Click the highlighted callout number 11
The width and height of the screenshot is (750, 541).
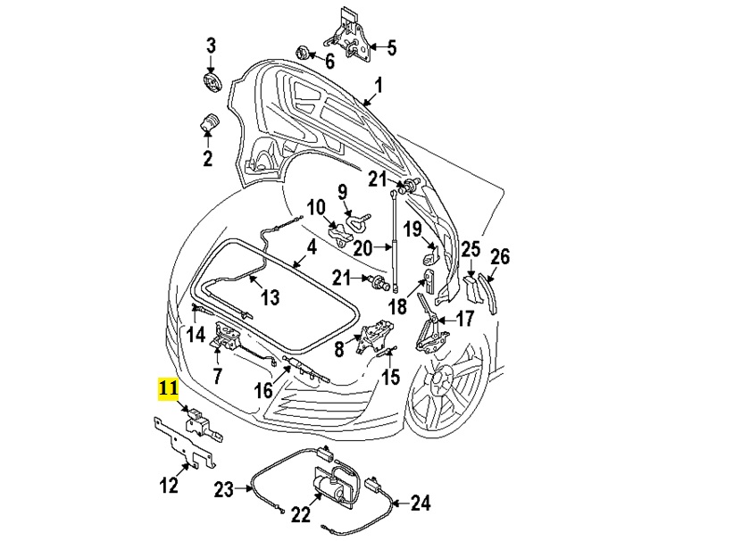point(169,388)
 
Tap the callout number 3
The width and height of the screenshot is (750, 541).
point(212,46)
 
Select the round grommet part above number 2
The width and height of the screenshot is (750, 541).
point(209,122)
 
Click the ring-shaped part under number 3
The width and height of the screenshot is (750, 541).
point(212,84)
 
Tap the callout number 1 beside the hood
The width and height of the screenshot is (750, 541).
point(378,86)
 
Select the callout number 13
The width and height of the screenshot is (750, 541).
point(270,296)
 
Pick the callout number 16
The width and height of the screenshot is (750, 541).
point(262,390)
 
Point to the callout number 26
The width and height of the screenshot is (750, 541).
point(500,257)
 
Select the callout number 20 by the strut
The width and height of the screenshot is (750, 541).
point(362,247)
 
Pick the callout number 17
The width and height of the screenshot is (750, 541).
point(465,318)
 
